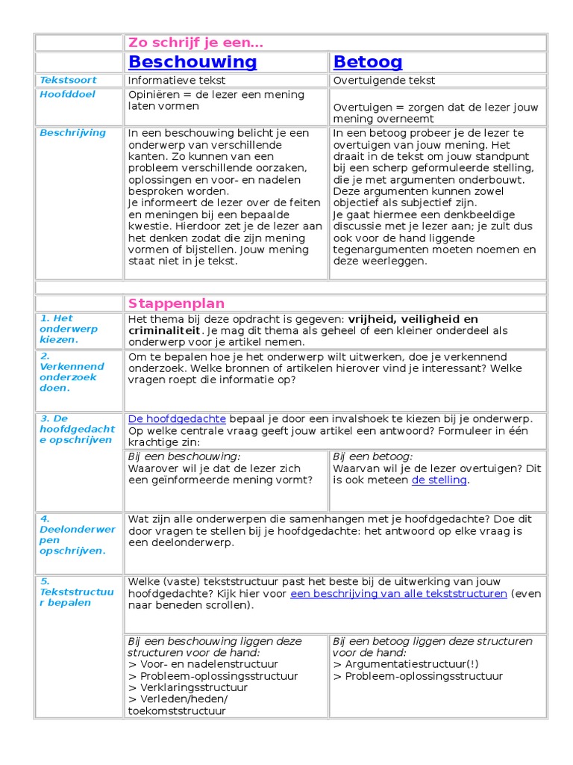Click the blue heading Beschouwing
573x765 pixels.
tap(192, 62)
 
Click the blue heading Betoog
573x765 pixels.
tap(368, 62)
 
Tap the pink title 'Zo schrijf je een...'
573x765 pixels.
tap(196, 43)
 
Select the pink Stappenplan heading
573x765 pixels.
tap(176, 303)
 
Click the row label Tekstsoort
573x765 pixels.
tap(68, 80)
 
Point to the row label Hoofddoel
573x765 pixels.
tap(67, 94)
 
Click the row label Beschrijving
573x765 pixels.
tap(72, 133)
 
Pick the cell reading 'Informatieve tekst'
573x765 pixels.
tap(177, 81)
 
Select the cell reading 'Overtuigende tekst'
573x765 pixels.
tap(384, 81)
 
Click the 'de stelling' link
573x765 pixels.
tap(439, 480)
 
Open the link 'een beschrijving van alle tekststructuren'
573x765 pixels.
tap(398, 593)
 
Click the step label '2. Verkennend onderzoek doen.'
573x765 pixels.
tap(72, 372)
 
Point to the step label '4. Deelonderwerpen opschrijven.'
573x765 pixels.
tap(77, 534)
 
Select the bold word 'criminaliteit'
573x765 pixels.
tap(164, 330)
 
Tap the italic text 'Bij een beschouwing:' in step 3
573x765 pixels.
tap(184, 456)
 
